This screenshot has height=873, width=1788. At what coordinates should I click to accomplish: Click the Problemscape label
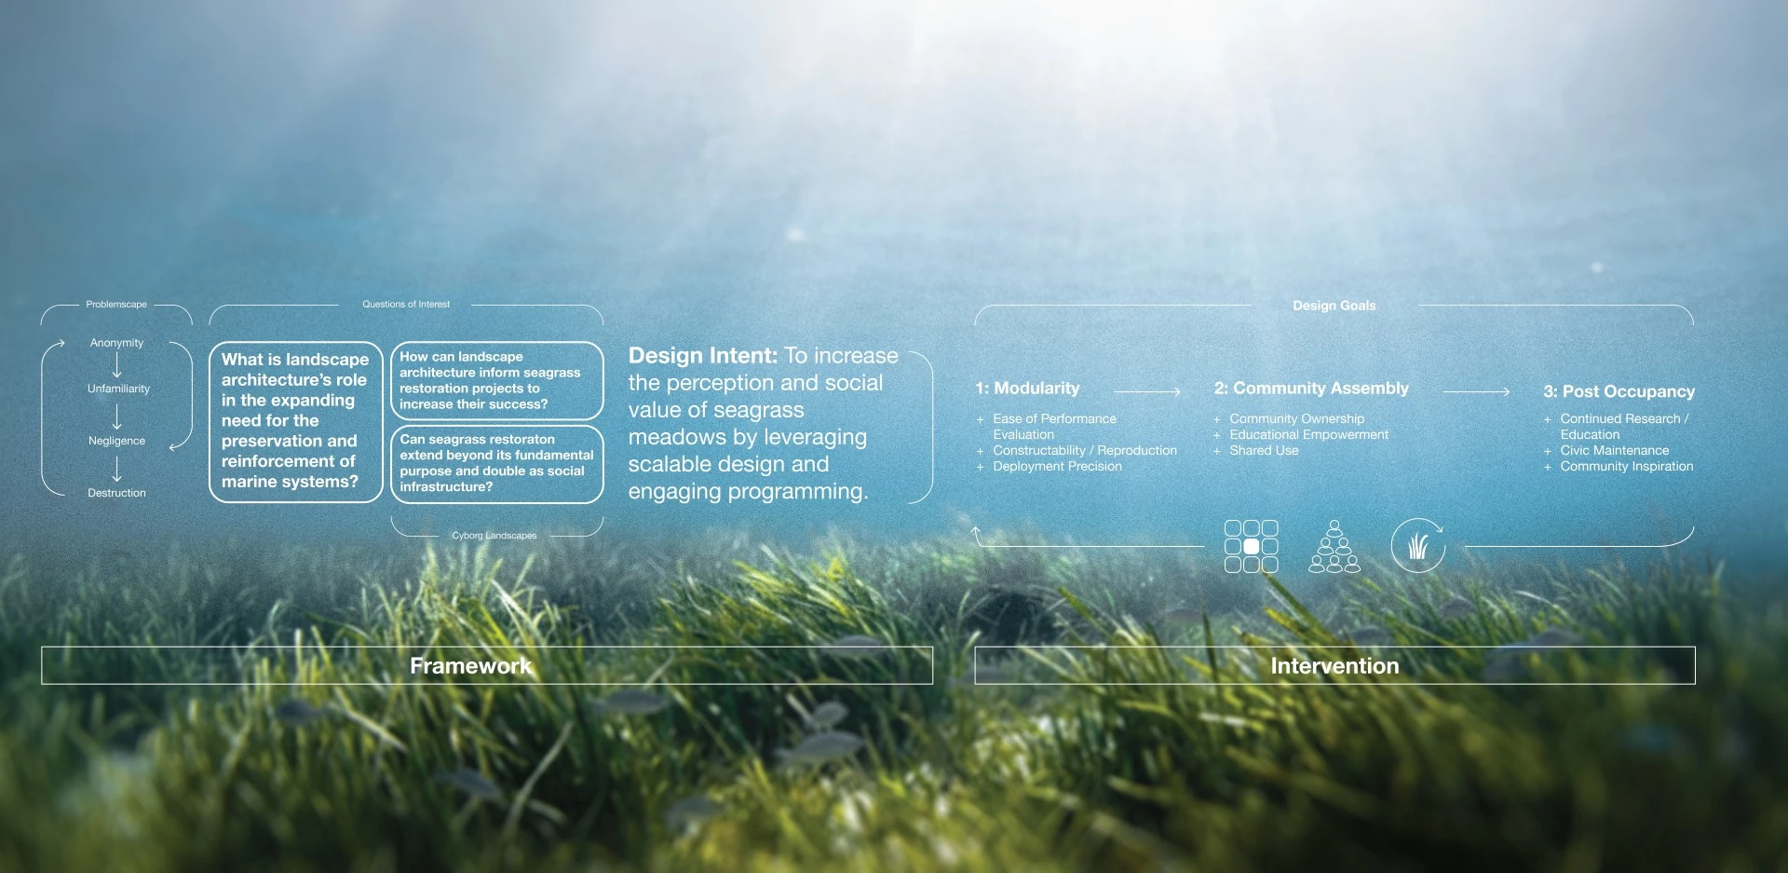[x=116, y=305]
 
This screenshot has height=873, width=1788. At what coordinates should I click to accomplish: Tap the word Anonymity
[x=116, y=343]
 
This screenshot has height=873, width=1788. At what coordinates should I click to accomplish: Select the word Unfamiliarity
[x=118, y=389]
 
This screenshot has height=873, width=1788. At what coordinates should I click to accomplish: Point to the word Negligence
[x=116, y=441]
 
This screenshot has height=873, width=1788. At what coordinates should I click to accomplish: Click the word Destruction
[x=116, y=493]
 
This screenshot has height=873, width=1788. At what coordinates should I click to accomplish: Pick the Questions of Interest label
[x=406, y=305]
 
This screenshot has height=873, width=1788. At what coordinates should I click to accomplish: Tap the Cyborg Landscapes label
[x=494, y=536]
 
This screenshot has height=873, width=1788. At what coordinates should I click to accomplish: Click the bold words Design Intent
[x=702, y=356]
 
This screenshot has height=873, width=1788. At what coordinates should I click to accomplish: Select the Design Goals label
[x=1334, y=306]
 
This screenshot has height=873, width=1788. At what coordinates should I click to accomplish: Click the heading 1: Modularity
[x=1027, y=389]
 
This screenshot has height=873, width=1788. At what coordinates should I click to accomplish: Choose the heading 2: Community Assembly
[x=1311, y=389]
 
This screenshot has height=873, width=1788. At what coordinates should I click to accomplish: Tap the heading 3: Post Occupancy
[x=1619, y=391]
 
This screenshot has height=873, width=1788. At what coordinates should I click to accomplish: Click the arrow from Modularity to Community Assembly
[x=1147, y=392]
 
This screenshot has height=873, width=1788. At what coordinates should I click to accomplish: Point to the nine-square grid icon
[x=1251, y=546]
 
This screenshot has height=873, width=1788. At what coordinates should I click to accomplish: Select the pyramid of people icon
[x=1334, y=546]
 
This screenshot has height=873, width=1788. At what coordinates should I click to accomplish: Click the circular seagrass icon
[x=1417, y=545]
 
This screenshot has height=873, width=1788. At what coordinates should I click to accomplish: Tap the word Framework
[x=471, y=666]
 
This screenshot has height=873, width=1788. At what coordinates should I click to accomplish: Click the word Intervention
[x=1334, y=666]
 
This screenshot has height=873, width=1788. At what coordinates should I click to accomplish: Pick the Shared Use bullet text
[x=1264, y=450]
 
